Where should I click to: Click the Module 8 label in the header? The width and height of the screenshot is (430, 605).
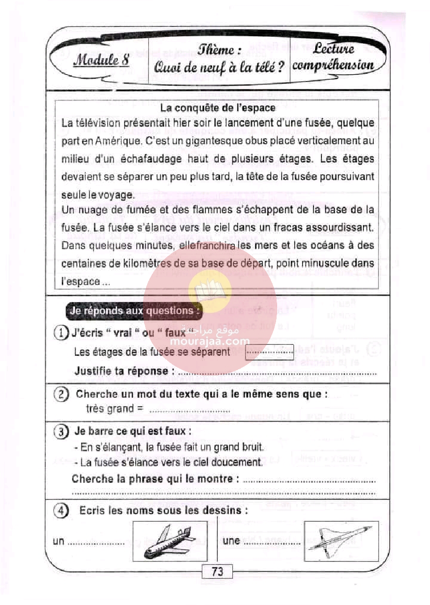click(x=101, y=59)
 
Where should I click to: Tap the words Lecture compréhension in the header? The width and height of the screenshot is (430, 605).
click(x=333, y=57)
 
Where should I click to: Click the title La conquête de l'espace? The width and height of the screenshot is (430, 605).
click(x=217, y=109)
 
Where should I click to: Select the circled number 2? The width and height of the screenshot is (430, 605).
click(x=62, y=394)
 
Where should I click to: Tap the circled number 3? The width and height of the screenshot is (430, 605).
click(x=62, y=432)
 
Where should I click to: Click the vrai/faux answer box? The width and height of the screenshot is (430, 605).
click(x=269, y=352)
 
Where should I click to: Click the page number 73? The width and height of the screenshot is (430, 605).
click(x=217, y=572)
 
